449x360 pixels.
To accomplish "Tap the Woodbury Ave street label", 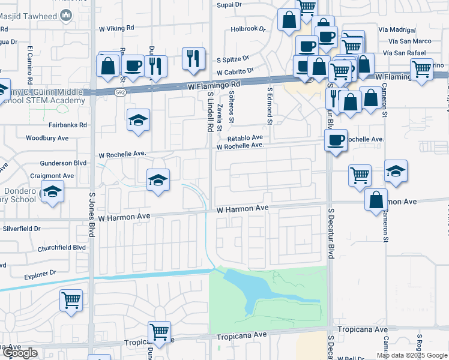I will (47, 138).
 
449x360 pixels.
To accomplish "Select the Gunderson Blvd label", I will (64, 163).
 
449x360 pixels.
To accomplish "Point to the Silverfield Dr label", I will (21, 229).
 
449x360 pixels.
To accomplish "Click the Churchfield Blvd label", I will (62, 247).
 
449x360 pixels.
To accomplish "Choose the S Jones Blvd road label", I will (92, 215).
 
